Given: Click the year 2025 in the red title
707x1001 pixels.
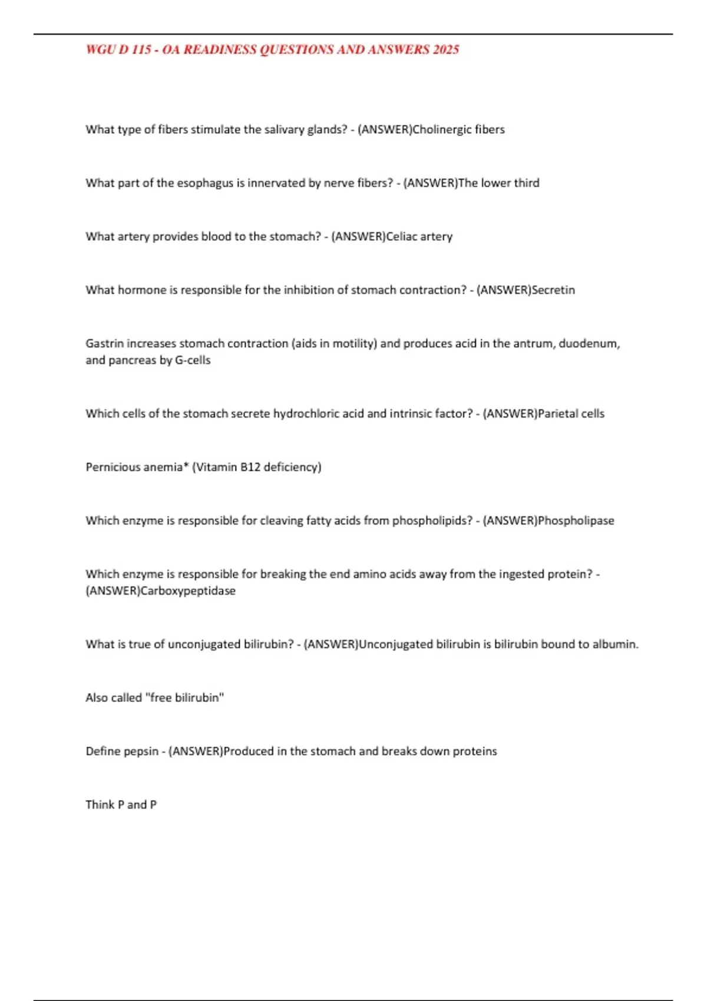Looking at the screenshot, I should (445, 49).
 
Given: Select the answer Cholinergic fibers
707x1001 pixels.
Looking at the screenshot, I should (458, 130).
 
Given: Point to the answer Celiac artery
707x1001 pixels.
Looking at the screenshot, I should (419, 237).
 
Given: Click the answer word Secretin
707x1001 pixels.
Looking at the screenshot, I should (553, 290).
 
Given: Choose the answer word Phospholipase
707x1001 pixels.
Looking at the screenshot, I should (576, 521).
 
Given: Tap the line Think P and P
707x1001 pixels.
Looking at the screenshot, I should (121, 805).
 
